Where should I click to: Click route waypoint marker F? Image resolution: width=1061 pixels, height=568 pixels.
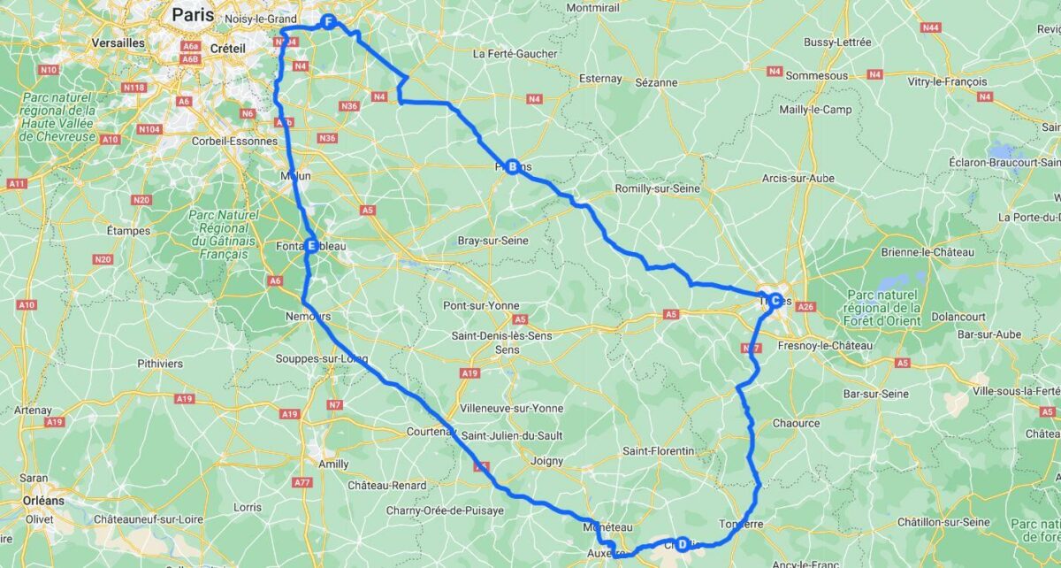point(328,22)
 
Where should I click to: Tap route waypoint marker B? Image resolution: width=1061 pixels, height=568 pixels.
point(512,165)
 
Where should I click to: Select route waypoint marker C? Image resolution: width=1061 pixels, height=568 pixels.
point(775,300)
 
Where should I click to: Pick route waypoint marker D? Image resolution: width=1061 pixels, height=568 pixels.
point(682,543)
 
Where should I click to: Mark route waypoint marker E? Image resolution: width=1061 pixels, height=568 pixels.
point(311,246)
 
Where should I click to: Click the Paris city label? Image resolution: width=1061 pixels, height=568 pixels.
point(194,14)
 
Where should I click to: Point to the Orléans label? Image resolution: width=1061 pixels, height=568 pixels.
point(43,501)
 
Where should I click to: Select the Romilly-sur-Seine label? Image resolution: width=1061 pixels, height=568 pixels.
point(657,188)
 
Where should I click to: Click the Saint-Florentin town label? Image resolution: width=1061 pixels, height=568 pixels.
point(659,451)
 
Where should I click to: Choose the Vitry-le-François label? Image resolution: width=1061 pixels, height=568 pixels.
point(947,81)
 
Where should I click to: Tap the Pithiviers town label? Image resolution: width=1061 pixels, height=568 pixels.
point(160,364)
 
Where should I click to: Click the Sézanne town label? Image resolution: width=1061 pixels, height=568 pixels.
point(656,82)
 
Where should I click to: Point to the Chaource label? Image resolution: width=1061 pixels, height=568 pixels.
point(796,423)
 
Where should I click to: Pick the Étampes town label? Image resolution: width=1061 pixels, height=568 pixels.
point(129,231)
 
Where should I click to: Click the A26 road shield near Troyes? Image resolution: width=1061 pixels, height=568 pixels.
point(805,307)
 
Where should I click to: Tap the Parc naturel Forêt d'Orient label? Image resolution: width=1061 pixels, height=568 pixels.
point(884,307)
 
